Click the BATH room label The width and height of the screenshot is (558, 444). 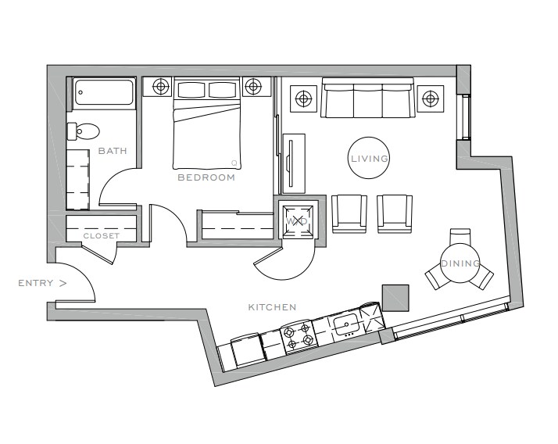coord(113,151)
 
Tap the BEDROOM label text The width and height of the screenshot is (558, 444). coord(206,177)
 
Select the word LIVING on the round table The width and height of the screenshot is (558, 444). coord(370,159)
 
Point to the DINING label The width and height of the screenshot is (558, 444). coord(460,263)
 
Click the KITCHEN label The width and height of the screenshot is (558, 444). coord(272,307)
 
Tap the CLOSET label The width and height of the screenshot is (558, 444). coord(102,236)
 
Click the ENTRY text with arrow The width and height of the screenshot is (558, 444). coord(42,283)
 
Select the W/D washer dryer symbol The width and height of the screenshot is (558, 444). coord(297,221)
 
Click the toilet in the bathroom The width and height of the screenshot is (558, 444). coord(84,131)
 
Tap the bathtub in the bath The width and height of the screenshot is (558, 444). coord(104,92)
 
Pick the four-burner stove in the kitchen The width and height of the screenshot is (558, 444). coord(299,335)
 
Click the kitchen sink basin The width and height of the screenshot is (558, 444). coord(346,324)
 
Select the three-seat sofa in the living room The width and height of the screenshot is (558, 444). coord(368,98)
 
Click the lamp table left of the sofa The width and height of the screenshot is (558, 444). coord(303,98)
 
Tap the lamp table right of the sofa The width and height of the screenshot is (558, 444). coord(431,98)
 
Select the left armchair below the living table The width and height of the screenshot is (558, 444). coord(349,213)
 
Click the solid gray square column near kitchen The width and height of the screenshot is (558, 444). coord(395,298)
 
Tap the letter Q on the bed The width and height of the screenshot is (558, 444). coord(234,163)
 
